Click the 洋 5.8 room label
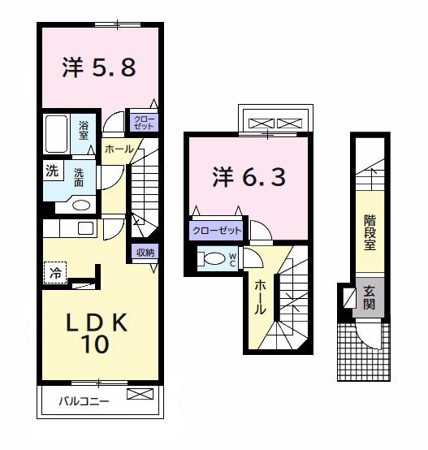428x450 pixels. click(x=98, y=68)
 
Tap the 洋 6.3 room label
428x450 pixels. click(x=249, y=175)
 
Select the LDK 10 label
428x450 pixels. click(x=96, y=333)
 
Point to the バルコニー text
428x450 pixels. click(x=84, y=400)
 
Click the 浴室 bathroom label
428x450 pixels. click(x=84, y=130)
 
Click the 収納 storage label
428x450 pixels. click(x=145, y=251)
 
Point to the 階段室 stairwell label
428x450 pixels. click(x=370, y=232)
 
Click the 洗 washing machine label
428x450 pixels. click(x=52, y=171)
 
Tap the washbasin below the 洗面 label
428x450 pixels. click(x=80, y=205)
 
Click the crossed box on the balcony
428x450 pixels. click(x=140, y=396)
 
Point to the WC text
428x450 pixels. click(x=232, y=259)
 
